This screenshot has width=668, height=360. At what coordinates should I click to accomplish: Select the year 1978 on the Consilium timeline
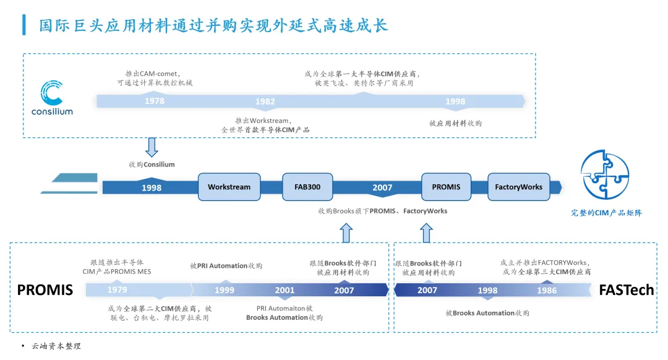point(155,101)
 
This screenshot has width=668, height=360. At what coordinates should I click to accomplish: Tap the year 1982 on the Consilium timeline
point(265,101)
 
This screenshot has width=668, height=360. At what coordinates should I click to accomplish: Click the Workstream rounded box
point(229,187)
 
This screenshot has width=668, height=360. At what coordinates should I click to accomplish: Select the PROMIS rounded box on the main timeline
point(446,187)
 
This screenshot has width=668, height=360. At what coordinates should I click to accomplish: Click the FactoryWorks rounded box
point(518,187)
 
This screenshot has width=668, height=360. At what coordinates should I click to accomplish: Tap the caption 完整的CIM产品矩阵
point(606,213)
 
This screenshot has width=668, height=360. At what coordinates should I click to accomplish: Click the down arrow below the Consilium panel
point(152,147)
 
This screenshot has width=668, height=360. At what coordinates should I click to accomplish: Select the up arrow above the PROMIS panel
point(346,233)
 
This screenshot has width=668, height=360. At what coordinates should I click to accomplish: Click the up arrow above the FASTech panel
point(426,233)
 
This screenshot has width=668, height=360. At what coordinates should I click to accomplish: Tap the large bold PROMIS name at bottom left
point(45,290)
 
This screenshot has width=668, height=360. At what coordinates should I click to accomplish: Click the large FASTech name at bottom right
point(626,290)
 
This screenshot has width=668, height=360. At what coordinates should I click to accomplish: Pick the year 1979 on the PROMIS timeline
point(117,290)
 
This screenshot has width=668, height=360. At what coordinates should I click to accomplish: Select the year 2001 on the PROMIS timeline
point(285,290)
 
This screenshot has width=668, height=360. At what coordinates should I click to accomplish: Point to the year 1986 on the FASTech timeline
point(547,290)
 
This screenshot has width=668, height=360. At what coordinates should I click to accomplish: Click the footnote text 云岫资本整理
point(56,346)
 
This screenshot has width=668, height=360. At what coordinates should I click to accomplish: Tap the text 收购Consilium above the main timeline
point(152,165)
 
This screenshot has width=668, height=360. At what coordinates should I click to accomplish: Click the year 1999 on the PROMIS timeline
point(225,290)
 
